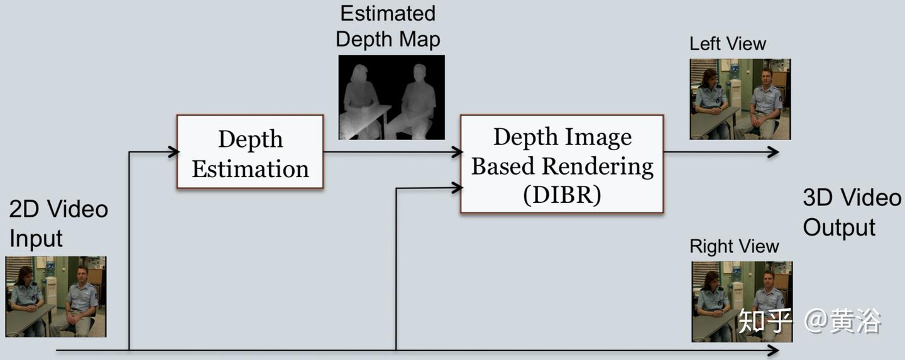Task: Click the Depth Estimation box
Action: click(250, 152)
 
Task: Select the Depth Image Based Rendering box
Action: click(562, 165)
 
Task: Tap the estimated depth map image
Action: click(392, 97)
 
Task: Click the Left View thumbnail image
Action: click(740, 99)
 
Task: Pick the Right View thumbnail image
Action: click(742, 302)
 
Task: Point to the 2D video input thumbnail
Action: click(56, 297)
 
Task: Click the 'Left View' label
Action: click(727, 44)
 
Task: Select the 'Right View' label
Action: click(733, 246)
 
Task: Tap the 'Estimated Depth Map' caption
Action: click(388, 26)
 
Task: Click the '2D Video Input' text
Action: click(58, 223)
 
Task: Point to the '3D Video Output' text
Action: click(851, 212)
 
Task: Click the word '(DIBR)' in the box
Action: click(562, 195)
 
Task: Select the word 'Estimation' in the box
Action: click(250, 169)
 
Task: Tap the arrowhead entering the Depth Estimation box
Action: click(173, 151)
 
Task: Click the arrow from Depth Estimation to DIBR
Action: click(390, 152)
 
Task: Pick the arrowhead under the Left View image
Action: click(774, 152)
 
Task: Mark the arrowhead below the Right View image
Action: click(774, 350)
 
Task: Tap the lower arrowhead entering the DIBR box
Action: click(457, 187)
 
